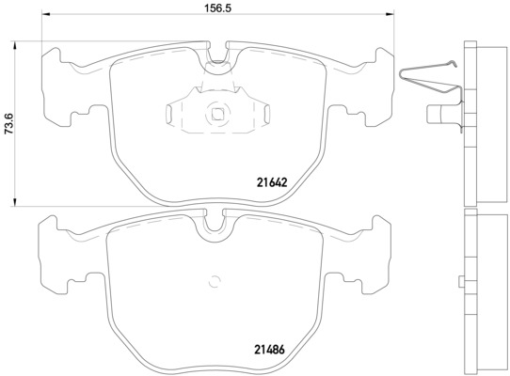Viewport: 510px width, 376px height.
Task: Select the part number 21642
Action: [270, 182]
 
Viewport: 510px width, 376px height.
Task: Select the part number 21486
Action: [268, 350]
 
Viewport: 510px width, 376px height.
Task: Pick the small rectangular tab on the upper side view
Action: [439, 115]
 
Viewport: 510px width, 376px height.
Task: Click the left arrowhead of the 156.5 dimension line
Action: [45, 17]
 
